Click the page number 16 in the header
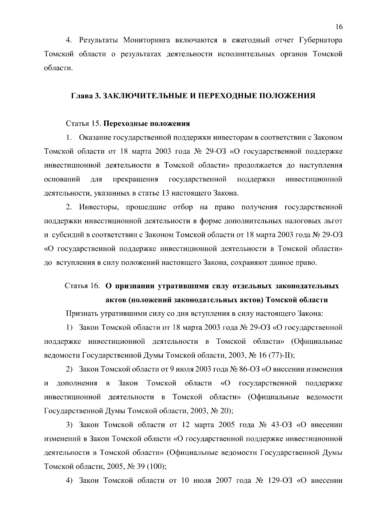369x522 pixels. (339, 27)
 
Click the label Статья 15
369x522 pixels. (82, 124)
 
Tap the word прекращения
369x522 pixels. (136, 179)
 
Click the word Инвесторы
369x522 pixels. (99, 207)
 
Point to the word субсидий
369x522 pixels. (67, 235)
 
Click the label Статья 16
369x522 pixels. (82, 286)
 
